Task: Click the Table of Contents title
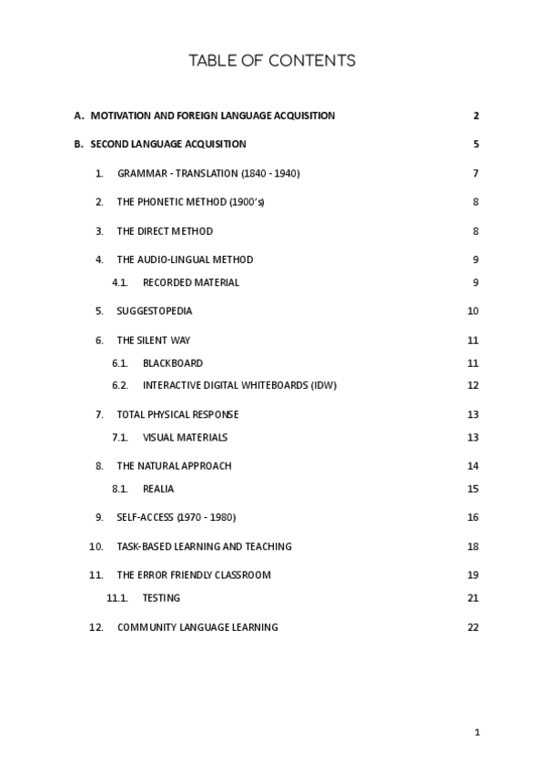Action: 272,61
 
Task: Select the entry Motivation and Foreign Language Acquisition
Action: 213,116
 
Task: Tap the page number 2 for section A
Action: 476,116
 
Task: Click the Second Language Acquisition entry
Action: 168,144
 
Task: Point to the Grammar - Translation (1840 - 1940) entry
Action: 208,173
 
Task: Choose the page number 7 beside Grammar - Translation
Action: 476,173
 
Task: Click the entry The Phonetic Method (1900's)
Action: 190,202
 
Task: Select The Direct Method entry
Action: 165,231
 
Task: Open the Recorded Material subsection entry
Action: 191,282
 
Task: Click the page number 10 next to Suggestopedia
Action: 473,310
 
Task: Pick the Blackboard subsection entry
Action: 173,363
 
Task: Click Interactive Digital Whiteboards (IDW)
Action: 239,385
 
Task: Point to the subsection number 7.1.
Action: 119,437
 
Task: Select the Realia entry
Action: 158,489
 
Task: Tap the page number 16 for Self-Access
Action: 473,517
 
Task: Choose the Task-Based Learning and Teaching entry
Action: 205,546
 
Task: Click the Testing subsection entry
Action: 161,598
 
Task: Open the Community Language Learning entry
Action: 197,627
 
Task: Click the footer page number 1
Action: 477,732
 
